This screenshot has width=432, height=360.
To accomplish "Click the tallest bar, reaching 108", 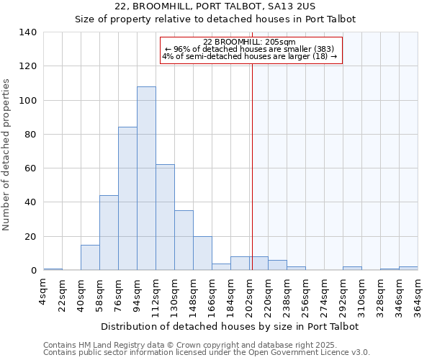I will click(x=146, y=179).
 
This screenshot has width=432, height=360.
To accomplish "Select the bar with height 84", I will click(x=127, y=199).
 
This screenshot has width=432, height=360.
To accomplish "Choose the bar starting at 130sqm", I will click(x=184, y=240).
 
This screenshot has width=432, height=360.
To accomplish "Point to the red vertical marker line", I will click(x=252, y=180).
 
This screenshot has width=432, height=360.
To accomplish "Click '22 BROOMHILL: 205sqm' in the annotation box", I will click(x=249, y=42).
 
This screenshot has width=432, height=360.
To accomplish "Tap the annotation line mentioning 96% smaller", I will click(x=249, y=49).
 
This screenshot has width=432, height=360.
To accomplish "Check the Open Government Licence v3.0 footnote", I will click(x=206, y=353).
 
